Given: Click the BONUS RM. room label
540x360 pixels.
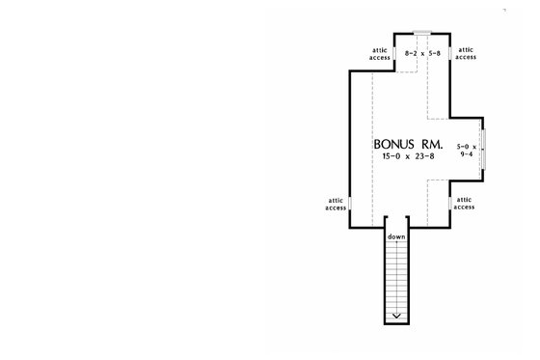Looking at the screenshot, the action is (x=408, y=144).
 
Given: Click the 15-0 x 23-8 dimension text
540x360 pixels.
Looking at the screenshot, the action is (x=408, y=156).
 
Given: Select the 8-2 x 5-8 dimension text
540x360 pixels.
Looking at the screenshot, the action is (x=422, y=53).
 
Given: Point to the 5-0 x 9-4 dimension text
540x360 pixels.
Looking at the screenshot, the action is (x=467, y=151).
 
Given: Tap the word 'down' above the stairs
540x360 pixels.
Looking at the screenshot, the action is (x=396, y=236).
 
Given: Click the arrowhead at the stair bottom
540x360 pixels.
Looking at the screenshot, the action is (x=396, y=316).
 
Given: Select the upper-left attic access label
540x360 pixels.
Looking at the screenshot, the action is (x=380, y=54).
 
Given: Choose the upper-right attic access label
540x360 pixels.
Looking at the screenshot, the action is (x=466, y=53).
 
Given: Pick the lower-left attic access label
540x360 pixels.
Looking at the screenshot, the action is (x=336, y=205).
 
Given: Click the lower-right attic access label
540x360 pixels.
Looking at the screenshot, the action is (x=464, y=204).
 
